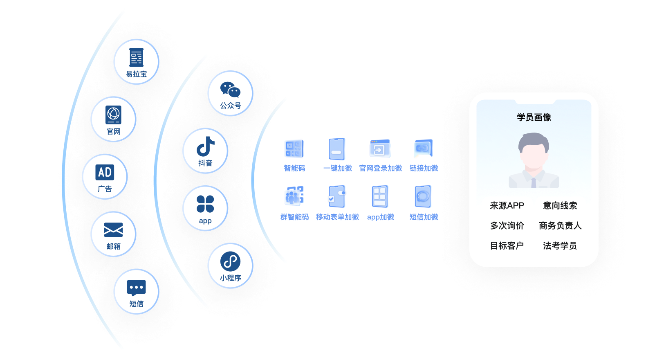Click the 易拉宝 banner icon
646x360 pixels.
136,57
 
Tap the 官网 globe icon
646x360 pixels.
113,115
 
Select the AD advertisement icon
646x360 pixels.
105,172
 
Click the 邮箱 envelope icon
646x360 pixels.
113,230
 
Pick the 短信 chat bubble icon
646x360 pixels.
136,288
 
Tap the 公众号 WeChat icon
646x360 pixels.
230,89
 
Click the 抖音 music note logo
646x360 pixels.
205,146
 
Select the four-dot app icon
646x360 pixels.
205,204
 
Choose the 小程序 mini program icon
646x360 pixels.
230,261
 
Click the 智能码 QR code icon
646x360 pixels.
294,149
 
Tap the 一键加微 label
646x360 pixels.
337,168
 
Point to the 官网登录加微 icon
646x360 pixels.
380,149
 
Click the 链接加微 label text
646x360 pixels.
424,168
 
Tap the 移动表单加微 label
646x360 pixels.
337,217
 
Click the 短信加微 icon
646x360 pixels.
423,197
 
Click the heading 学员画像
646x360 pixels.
534,117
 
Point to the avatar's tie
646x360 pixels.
534,182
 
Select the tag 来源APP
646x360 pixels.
507,205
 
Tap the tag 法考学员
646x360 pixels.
560,245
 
